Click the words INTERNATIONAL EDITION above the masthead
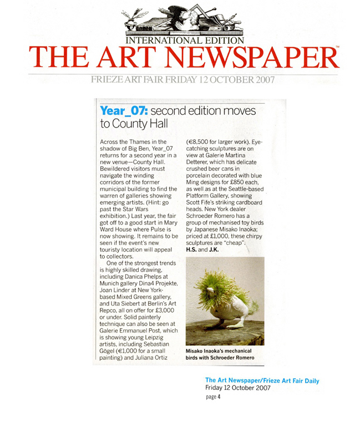point(185,40)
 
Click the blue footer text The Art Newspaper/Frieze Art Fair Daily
point(262,380)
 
